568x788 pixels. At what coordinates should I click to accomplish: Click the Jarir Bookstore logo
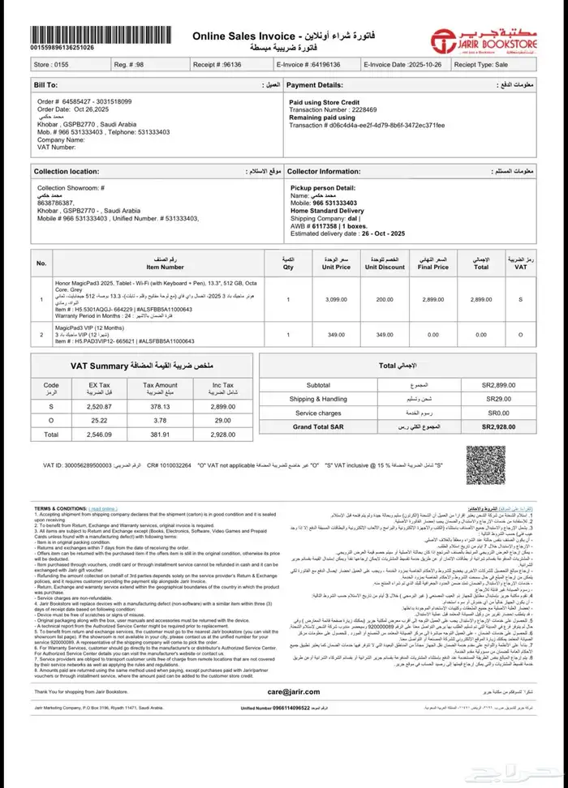click(x=493, y=37)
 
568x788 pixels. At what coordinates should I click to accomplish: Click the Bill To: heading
click(x=45, y=84)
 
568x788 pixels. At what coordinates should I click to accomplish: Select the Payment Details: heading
click(x=314, y=84)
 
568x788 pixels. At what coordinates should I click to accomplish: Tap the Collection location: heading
click(x=67, y=171)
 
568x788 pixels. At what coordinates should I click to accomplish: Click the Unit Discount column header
click(x=385, y=263)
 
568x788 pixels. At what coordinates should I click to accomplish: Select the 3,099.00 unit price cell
click(x=336, y=299)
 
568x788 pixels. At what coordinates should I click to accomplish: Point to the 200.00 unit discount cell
click(x=385, y=299)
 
